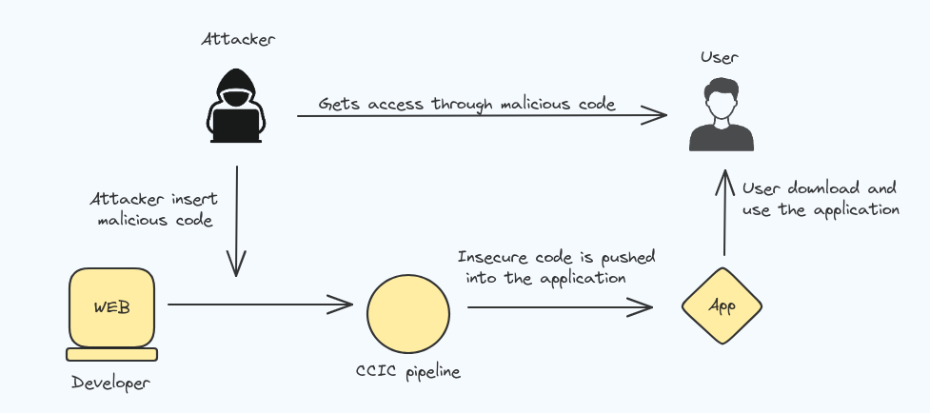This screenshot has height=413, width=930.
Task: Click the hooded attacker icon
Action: click(x=236, y=106)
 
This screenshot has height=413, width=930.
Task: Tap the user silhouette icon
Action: click(x=722, y=114)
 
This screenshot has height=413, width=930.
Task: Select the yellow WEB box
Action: click(x=112, y=307)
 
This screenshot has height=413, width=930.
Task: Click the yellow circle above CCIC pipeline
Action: click(x=408, y=313)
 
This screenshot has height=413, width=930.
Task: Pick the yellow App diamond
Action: click(x=722, y=305)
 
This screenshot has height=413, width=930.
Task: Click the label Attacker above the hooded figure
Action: click(x=238, y=40)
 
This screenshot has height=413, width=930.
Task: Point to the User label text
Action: click(x=720, y=57)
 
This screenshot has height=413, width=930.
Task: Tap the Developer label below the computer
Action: click(x=111, y=383)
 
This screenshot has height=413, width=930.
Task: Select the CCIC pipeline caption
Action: click(x=408, y=372)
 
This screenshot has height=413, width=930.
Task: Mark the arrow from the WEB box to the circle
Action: click(x=261, y=305)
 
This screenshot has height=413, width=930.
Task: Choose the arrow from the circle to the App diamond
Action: click(x=560, y=307)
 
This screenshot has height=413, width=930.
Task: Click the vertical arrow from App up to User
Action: click(x=723, y=212)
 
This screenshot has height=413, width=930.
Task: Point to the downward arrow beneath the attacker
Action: click(x=236, y=221)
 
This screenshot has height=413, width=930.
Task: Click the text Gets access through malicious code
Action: click(x=466, y=104)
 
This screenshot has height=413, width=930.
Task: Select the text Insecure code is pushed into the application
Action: click(x=556, y=267)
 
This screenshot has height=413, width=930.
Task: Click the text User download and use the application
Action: click(x=821, y=200)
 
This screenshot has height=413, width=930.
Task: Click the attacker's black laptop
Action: click(x=236, y=126)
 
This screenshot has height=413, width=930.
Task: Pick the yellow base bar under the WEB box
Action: click(x=111, y=354)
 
